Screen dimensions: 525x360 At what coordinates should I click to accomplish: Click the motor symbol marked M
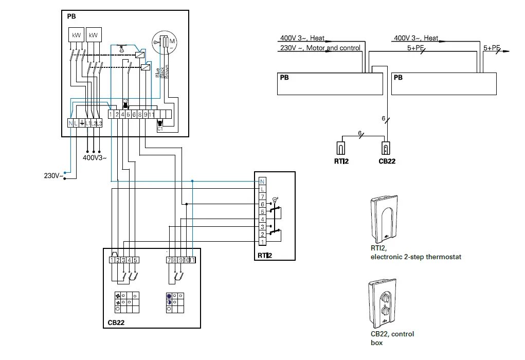click(x=172, y=40)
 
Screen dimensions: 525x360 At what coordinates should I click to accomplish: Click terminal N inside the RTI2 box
click(x=262, y=182)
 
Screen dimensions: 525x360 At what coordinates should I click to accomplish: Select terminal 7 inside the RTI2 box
click(x=262, y=197)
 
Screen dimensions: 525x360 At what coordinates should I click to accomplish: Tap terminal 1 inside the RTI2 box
click(x=262, y=242)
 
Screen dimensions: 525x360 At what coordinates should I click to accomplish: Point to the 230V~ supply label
click(x=53, y=176)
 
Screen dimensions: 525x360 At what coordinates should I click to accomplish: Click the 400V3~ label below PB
click(x=95, y=157)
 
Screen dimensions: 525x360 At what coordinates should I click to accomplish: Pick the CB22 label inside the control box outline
click(x=116, y=323)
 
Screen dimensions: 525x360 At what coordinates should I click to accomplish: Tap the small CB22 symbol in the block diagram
click(x=386, y=148)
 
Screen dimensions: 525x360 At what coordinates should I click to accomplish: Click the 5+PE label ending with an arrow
click(x=493, y=48)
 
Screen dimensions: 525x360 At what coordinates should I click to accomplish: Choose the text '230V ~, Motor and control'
click(x=320, y=48)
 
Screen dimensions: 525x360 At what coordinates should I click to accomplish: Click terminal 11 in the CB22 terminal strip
click(x=192, y=260)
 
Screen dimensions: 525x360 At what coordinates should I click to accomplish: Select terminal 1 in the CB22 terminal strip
click(x=112, y=260)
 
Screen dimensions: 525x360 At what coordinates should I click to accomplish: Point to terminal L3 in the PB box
click(x=99, y=123)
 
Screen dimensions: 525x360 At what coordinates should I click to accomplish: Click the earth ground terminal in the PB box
click(x=82, y=123)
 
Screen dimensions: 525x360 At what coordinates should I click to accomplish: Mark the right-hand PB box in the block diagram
click(x=444, y=83)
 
